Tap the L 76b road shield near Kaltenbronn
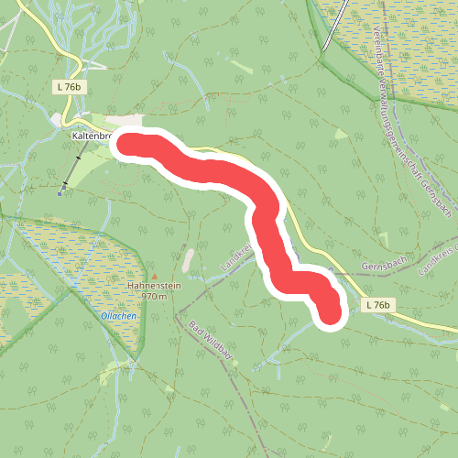point(67,85)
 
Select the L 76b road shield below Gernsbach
point(376,304)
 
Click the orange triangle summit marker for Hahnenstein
point(154,275)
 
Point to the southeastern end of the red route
point(329,314)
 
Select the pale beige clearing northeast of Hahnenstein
point(189,261)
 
